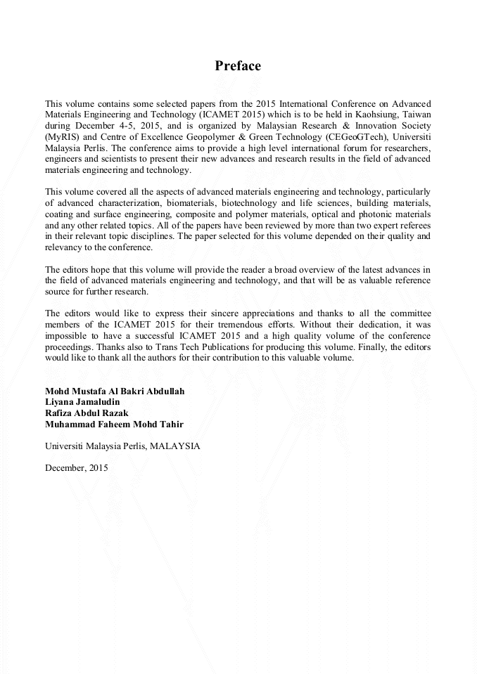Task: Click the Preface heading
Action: tap(238, 66)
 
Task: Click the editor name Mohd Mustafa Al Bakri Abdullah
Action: tap(115, 391)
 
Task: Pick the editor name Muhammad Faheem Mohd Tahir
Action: tap(114, 425)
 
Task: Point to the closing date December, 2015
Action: tap(76, 468)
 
